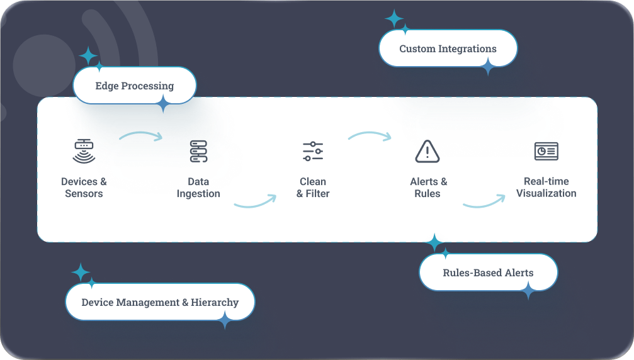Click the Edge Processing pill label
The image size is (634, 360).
click(135, 86)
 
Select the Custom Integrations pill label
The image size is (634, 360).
click(448, 48)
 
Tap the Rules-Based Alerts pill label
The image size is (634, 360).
click(488, 273)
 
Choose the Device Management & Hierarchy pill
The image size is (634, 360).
click(160, 302)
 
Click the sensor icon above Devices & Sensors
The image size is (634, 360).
click(84, 151)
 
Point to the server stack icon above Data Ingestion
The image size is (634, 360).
click(198, 152)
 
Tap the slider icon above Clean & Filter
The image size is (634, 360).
click(313, 151)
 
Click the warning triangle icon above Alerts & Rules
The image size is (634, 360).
click(427, 152)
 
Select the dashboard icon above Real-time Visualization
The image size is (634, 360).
click(546, 151)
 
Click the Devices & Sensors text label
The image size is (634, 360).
click(84, 188)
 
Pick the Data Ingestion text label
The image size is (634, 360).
click(198, 188)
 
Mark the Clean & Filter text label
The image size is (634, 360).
click(313, 188)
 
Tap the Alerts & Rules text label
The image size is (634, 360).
click(428, 188)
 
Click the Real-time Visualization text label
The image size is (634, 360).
click(546, 188)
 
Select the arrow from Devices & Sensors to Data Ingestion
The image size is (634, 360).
click(141, 135)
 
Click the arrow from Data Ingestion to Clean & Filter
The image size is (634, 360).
click(255, 201)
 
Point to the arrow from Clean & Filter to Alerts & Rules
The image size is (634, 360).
click(370, 135)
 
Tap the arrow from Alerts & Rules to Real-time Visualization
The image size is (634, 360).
click(484, 201)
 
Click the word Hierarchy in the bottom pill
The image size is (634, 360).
click(215, 302)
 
